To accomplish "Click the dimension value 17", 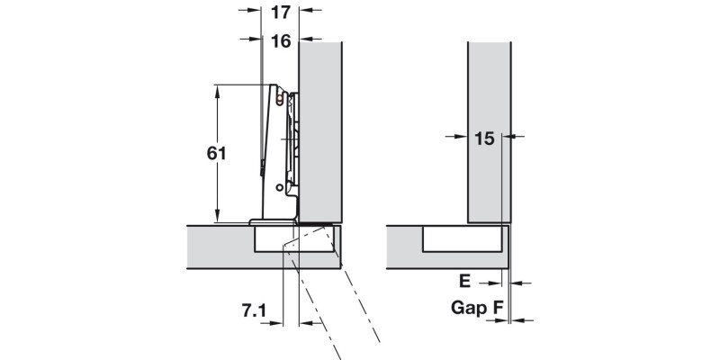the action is pyautogui.click(x=281, y=13).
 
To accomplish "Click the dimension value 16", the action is pyautogui.click(x=281, y=41).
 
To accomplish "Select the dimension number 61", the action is pyautogui.click(x=216, y=153).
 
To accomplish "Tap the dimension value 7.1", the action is pyautogui.click(x=254, y=310).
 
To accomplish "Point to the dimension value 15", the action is pyautogui.click(x=484, y=139).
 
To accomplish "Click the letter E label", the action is pyautogui.click(x=464, y=281).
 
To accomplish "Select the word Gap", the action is pyautogui.click(x=468, y=308).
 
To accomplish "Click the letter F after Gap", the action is pyautogui.click(x=499, y=307).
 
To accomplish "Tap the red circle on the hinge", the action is pyautogui.click(x=279, y=99).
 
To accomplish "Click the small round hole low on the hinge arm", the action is pyautogui.click(x=279, y=187).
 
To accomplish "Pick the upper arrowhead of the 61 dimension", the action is pyautogui.click(x=217, y=90).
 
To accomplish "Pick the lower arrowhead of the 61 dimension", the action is pyautogui.click(x=217, y=217).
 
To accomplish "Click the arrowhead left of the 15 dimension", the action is pyautogui.click(x=462, y=136).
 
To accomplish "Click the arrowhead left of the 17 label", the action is pyautogui.click(x=255, y=10).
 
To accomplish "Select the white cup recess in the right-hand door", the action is pyautogui.click(x=462, y=238).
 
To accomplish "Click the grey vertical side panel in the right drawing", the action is pyautogui.click(x=489, y=132).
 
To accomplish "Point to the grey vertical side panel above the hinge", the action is pyautogui.click(x=320, y=132).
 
